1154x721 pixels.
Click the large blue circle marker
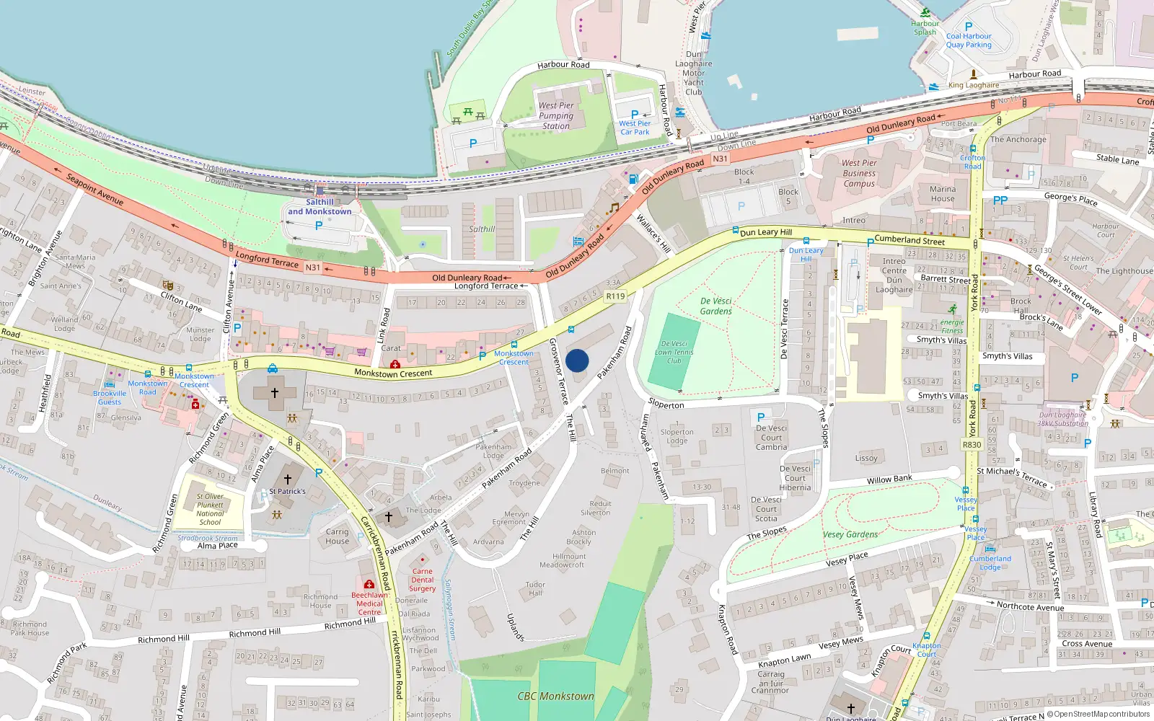pyautogui.click(x=577, y=360)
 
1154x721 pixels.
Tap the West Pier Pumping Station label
pyautogui.click(x=556, y=115)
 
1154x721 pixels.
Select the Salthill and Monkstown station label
pyautogui.click(x=320, y=207)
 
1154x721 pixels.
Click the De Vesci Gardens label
pyautogui.click(x=715, y=306)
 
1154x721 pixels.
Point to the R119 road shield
pyautogui.click(x=615, y=296)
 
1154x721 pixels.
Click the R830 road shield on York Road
pyautogui.click(x=972, y=445)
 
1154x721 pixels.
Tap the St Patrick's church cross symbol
pyautogui.click(x=287, y=479)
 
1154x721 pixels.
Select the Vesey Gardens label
pyautogui.click(x=850, y=534)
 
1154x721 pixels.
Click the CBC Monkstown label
pyautogui.click(x=555, y=696)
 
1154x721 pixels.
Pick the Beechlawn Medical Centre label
pyautogui.click(x=369, y=603)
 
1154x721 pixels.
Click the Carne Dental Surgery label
pyautogui.click(x=423, y=580)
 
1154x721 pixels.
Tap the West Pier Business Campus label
pyautogui.click(x=859, y=173)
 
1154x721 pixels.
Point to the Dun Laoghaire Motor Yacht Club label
pyautogui.click(x=693, y=73)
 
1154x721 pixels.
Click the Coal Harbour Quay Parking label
pyautogui.click(x=969, y=40)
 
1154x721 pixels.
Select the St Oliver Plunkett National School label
pyautogui.click(x=210, y=509)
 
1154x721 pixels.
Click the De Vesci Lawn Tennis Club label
pyautogui.click(x=674, y=353)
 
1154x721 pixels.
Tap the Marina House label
pyautogui.click(x=942, y=194)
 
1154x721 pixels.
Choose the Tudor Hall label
pyautogui.click(x=535, y=589)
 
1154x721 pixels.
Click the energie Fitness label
pyautogui.click(x=952, y=327)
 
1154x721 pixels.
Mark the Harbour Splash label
pyautogui.click(x=925, y=27)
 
